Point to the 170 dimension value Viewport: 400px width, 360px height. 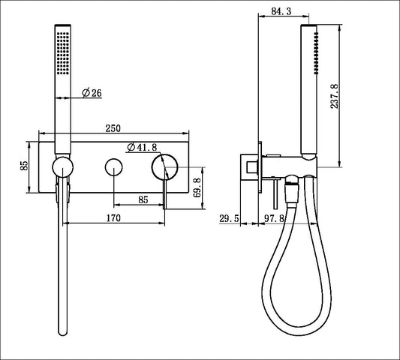[x=114, y=220]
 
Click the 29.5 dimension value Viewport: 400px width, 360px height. [x=229, y=219]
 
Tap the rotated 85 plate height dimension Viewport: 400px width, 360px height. [x=25, y=166]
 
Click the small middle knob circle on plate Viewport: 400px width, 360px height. [x=114, y=166]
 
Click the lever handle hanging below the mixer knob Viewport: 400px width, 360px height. [x=165, y=193]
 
